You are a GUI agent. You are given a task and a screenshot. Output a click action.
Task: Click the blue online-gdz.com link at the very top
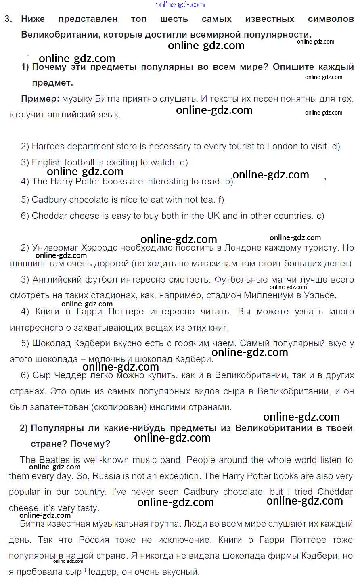(x=180, y=4)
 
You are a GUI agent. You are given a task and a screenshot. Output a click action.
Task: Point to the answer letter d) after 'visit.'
(x=336, y=147)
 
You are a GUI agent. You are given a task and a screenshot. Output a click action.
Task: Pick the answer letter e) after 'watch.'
(x=184, y=163)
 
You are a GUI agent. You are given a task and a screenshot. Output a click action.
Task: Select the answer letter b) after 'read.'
(x=229, y=182)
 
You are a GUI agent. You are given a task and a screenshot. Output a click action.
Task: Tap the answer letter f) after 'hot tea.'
(x=220, y=199)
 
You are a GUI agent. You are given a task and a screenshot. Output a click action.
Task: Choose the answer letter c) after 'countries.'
(x=320, y=216)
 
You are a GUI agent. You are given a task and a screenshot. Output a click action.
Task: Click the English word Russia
(x=106, y=476)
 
